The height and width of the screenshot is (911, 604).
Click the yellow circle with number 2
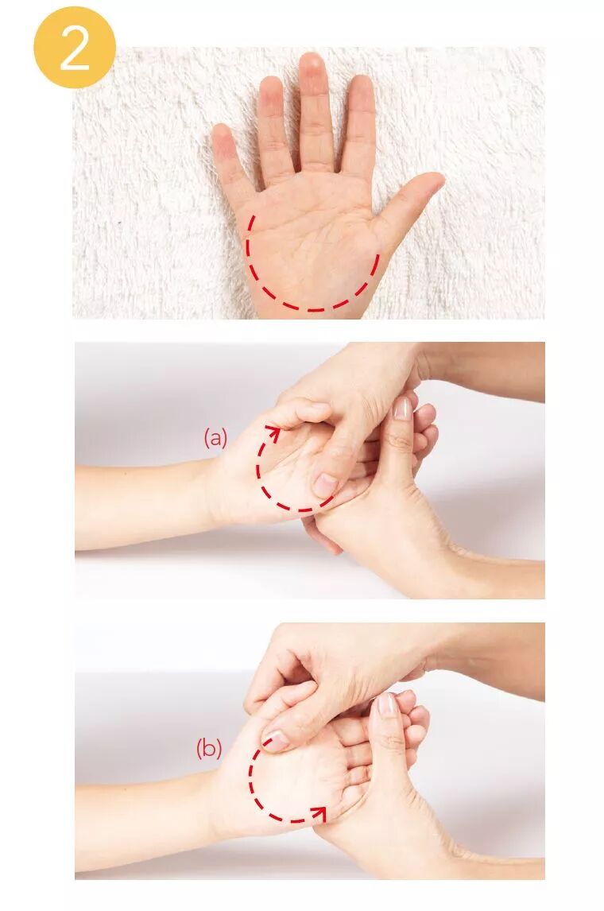click(x=75, y=47)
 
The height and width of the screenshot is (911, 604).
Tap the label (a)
click(x=215, y=437)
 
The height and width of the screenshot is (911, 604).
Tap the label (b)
click(x=209, y=748)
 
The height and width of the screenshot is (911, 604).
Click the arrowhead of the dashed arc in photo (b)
click(x=318, y=812)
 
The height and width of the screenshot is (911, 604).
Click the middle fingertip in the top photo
click(x=312, y=61)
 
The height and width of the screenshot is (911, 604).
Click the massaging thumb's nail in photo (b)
click(x=276, y=739)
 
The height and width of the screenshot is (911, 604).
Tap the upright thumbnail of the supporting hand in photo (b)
click(x=387, y=704)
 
